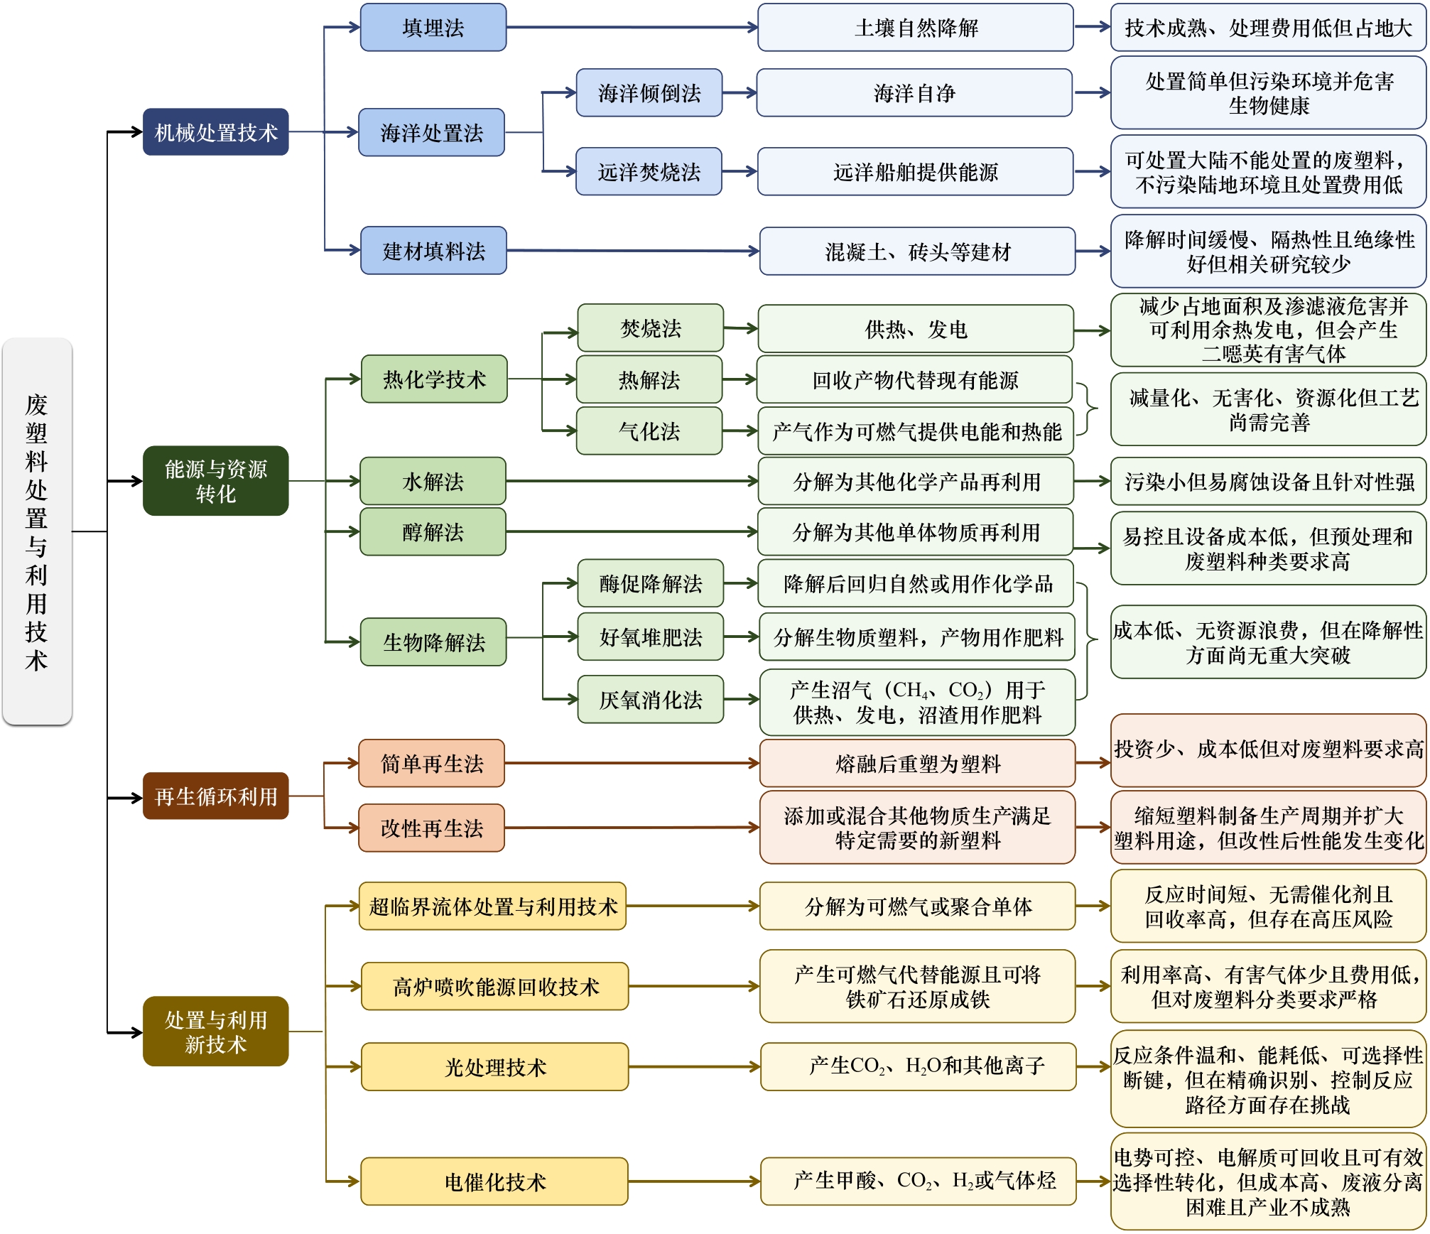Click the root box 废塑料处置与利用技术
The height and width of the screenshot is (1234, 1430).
[x=37, y=531]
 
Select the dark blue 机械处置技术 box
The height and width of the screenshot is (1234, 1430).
[x=215, y=132]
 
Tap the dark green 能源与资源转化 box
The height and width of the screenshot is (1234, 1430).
[x=215, y=481]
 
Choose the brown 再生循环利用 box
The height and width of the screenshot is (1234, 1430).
[x=215, y=796]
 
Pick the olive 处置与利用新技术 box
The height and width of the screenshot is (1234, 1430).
[x=215, y=1032]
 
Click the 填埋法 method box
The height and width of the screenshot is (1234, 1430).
[x=433, y=28]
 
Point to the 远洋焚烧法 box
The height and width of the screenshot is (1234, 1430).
[x=649, y=172]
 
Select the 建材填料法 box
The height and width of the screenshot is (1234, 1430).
[x=433, y=251]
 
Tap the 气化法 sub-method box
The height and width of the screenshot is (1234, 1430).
[x=649, y=431]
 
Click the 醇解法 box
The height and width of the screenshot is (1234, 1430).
[x=433, y=532]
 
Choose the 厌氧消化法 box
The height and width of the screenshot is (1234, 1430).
[x=650, y=700]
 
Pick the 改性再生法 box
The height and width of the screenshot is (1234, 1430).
[x=431, y=828]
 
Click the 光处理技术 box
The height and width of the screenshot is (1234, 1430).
[x=494, y=1067]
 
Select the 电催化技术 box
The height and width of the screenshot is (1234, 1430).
[x=494, y=1182]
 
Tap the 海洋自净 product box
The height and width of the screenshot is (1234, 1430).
[x=914, y=93]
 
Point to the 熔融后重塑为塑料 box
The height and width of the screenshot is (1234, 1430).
[x=917, y=764]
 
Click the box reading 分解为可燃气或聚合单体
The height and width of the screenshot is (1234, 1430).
[x=917, y=906]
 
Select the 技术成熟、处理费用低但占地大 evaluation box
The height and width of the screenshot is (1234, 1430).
[x=1268, y=28]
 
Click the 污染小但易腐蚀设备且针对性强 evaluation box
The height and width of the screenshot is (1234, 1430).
[x=1268, y=482]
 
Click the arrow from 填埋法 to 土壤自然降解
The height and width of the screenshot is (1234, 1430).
[x=632, y=28]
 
